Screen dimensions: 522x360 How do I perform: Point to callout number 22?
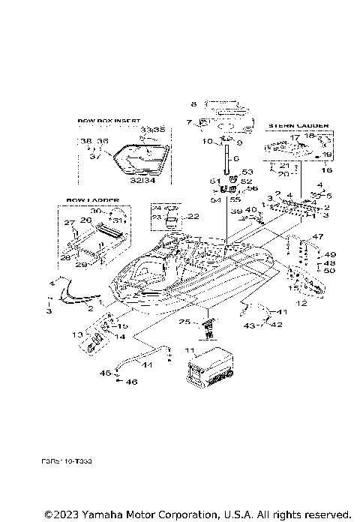pos(193,217)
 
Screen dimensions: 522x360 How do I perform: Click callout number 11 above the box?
pos(189,350)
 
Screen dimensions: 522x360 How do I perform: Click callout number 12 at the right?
pos(301,304)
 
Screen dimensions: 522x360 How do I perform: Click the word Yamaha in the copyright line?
pos(88,514)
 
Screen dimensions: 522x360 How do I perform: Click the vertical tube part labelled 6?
pos(223,160)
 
